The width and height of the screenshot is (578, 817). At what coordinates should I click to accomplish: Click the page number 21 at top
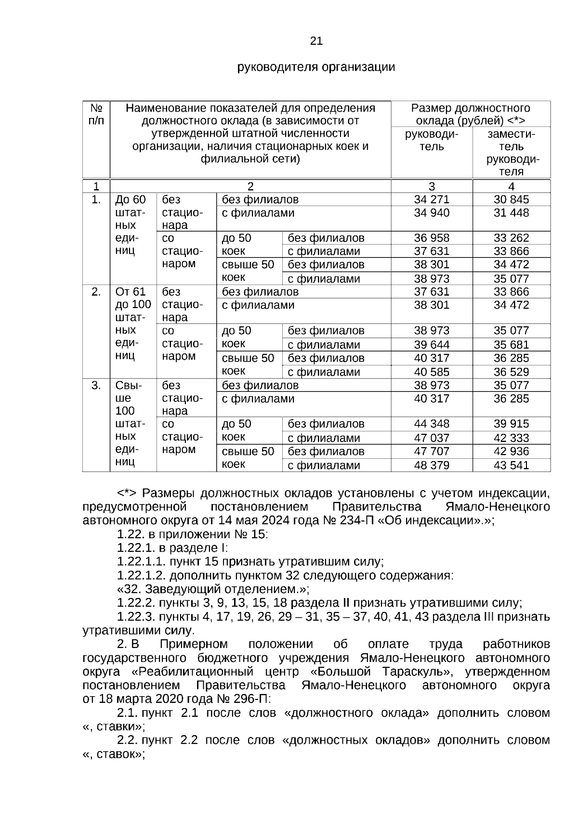click(x=316, y=41)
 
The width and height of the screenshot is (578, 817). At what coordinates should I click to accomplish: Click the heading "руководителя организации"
click(x=316, y=67)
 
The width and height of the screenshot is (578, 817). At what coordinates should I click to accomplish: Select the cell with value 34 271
click(x=431, y=199)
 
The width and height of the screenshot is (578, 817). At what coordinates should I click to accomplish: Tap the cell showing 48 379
click(x=431, y=465)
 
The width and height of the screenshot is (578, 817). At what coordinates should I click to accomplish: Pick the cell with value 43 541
click(x=511, y=465)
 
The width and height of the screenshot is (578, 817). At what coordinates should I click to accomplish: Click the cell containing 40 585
click(x=431, y=372)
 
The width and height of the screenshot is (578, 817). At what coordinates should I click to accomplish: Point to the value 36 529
click(x=511, y=372)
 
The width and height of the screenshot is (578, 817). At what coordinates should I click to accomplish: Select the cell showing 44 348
click(x=431, y=424)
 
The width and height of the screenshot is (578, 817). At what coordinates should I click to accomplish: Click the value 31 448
click(x=511, y=213)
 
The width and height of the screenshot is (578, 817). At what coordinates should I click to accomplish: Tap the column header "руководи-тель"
click(x=431, y=140)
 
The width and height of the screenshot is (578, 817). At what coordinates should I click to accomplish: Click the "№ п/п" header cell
click(x=96, y=114)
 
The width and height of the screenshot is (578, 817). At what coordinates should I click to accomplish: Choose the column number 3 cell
click(x=431, y=186)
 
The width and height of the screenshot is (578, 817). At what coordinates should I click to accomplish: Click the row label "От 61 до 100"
click(x=133, y=298)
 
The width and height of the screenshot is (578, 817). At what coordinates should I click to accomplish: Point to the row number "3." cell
click(x=96, y=385)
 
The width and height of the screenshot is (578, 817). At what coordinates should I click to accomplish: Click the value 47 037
click(x=431, y=438)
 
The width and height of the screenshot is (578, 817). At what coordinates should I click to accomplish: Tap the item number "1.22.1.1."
click(x=141, y=561)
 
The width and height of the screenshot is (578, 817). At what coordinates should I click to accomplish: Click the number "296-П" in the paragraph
click(x=253, y=699)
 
